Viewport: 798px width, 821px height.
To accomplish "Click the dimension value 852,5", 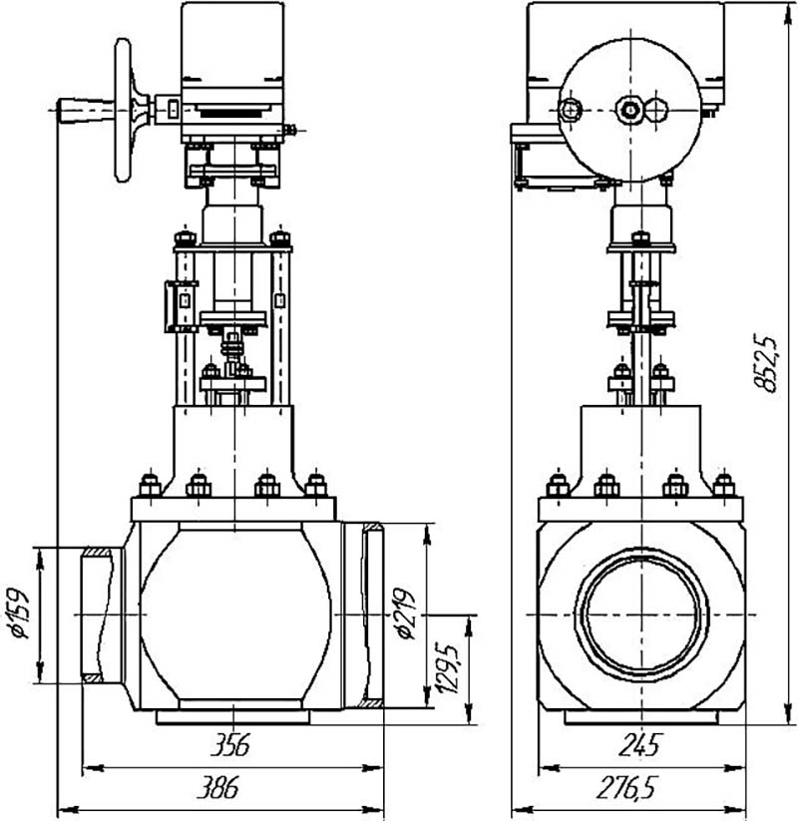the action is click(x=765, y=362).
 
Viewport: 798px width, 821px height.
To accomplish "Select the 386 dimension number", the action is click(x=217, y=787).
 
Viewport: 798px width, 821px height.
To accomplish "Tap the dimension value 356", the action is click(x=229, y=744).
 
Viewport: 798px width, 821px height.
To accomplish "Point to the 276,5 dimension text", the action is click(x=625, y=787).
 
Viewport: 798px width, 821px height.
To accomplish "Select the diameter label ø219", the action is click(x=404, y=615).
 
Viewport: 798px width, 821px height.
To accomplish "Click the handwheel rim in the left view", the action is click(x=123, y=110).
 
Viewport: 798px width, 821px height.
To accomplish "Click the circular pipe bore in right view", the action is click(x=642, y=615).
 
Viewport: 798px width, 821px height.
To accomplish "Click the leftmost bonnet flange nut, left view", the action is click(x=151, y=486).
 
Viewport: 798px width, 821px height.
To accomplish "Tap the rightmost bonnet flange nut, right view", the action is click(x=723, y=486).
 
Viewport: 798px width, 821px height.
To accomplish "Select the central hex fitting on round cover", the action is click(x=627, y=110).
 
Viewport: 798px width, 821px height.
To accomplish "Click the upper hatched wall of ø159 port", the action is click(x=98, y=552).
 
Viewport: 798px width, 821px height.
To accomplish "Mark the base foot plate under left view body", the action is click(x=233, y=717).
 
